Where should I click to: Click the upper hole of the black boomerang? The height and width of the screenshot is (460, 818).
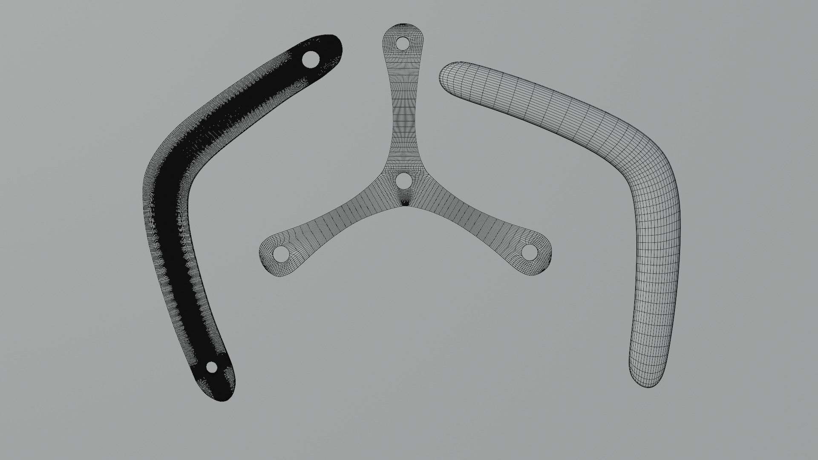(x=311, y=59)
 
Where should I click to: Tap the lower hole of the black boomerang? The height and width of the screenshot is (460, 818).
(x=211, y=367)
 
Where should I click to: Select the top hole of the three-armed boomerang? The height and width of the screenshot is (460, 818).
(x=402, y=43)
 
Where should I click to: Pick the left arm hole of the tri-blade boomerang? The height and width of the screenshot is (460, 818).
(x=280, y=254)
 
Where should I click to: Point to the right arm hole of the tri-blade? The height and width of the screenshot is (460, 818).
(x=529, y=252)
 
